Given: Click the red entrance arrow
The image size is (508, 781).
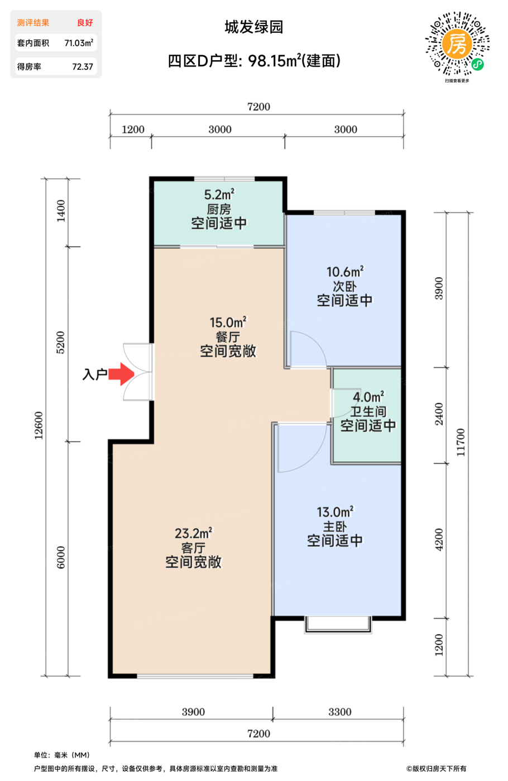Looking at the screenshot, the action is click(121, 374).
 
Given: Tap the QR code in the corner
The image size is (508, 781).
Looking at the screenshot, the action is click(457, 44).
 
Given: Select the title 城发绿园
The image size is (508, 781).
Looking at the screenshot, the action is click(253, 27).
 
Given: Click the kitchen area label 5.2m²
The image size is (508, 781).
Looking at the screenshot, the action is click(219, 195).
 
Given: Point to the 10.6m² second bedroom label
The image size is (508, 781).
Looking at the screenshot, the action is click(345, 272).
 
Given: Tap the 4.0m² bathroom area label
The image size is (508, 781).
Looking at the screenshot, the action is click(368, 397).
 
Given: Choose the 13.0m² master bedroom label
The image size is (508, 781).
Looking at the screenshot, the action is click(335, 512).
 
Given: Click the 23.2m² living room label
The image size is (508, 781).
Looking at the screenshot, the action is click(193, 533).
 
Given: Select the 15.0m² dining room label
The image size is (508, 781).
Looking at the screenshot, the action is click(228, 322).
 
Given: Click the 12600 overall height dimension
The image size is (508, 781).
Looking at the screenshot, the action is click(39, 426).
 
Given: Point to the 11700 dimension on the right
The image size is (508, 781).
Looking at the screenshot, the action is click(461, 442).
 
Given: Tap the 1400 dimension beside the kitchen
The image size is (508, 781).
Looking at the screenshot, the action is click(61, 211).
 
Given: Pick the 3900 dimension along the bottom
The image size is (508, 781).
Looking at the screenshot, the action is click(193, 712).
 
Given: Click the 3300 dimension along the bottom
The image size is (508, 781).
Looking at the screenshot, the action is click(340, 712).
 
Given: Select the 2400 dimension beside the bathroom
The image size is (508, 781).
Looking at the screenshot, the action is click(439, 414).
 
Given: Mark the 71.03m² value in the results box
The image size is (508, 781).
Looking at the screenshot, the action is click(79, 43).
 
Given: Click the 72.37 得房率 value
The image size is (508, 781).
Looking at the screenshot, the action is click(83, 66).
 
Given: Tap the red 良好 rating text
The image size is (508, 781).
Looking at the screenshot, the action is click(85, 23).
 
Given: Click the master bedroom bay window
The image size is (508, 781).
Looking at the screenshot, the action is click(338, 624).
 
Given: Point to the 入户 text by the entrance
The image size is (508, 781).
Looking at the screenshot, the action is click(94, 374).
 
